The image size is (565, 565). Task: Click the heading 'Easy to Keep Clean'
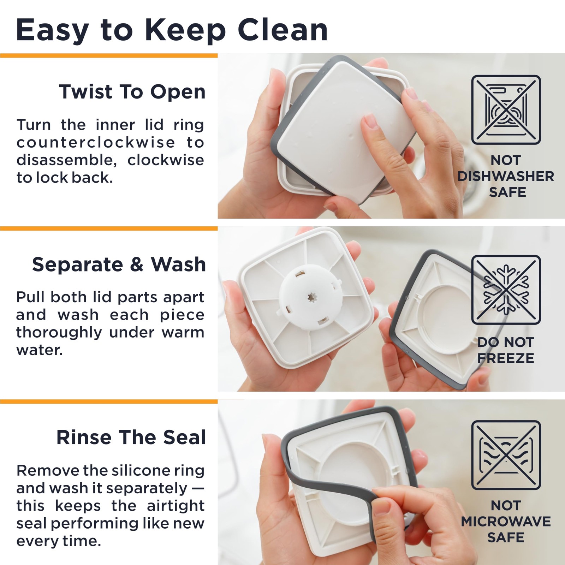pos(172,31)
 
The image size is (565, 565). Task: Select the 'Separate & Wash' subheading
pos(119,264)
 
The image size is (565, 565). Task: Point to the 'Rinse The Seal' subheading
pos(131,438)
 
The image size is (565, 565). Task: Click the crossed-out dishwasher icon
pos(506,110)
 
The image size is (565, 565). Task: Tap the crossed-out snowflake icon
pos(506,290)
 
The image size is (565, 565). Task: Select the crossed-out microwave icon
pos(506,455)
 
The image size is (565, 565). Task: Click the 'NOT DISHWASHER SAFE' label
pos(506,176)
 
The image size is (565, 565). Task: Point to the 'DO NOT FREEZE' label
pos(506,350)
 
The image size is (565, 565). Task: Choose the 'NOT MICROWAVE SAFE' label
pos(506,521)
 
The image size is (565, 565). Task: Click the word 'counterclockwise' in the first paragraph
pos(96,143)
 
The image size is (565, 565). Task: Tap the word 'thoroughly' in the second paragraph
pos(59,333)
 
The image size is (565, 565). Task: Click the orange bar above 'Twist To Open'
pos(109,55)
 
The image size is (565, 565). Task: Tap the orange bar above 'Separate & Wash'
pos(109,228)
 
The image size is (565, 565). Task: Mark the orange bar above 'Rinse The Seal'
pos(109,402)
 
